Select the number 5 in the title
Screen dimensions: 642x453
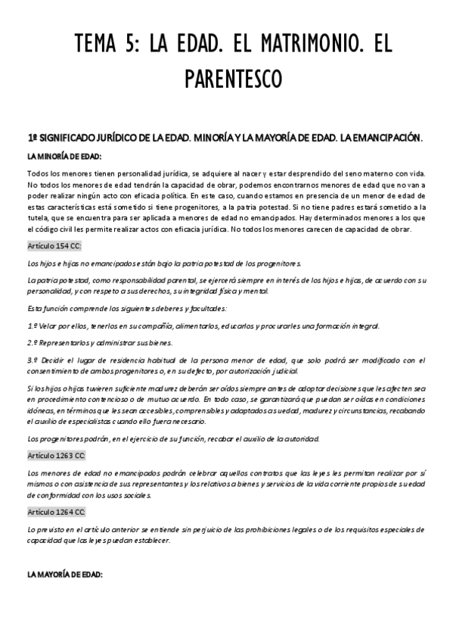pyautogui.click(x=132, y=46)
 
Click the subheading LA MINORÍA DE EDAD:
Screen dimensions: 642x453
pyautogui.click(x=64, y=157)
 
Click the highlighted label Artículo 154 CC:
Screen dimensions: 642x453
pyautogui.click(x=54, y=247)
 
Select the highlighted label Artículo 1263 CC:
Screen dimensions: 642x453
pyautogui.click(x=57, y=456)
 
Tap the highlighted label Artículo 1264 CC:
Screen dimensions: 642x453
pyautogui.click(x=57, y=512)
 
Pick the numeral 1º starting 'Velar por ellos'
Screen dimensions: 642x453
pyautogui.click(x=31, y=326)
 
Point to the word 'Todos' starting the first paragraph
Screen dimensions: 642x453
pyautogui.click(x=37, y=175)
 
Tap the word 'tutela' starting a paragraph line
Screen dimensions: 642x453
pyautogui.click(x=38, y=219)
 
